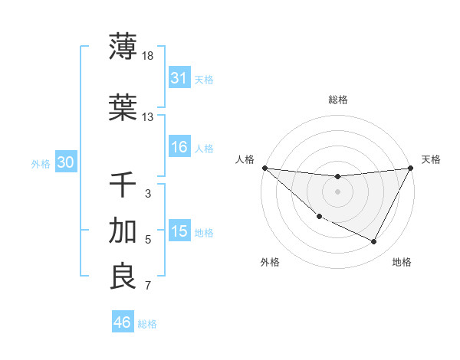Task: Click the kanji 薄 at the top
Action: click(123, 46)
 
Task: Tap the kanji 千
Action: click(123, 185)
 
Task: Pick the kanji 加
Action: click(123, 231)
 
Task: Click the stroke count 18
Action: click(149, 55)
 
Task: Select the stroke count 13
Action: click(148, 117)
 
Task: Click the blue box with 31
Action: click(179, 78)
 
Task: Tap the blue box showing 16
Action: click(179, 148)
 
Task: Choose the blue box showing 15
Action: click(179, 232)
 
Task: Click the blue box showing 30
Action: click(65, 163)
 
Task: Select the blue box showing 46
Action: click(123, 322)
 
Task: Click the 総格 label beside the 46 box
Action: click(147, 324)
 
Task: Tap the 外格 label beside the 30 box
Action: click(41, 164)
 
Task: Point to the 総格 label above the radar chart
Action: click(338, 100)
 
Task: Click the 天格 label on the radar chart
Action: click(432, 159)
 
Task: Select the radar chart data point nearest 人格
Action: click(265, 168)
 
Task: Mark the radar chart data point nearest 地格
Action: click(374, 242)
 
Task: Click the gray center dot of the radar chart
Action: click(337, 191)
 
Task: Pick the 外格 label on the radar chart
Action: click(270, 263)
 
